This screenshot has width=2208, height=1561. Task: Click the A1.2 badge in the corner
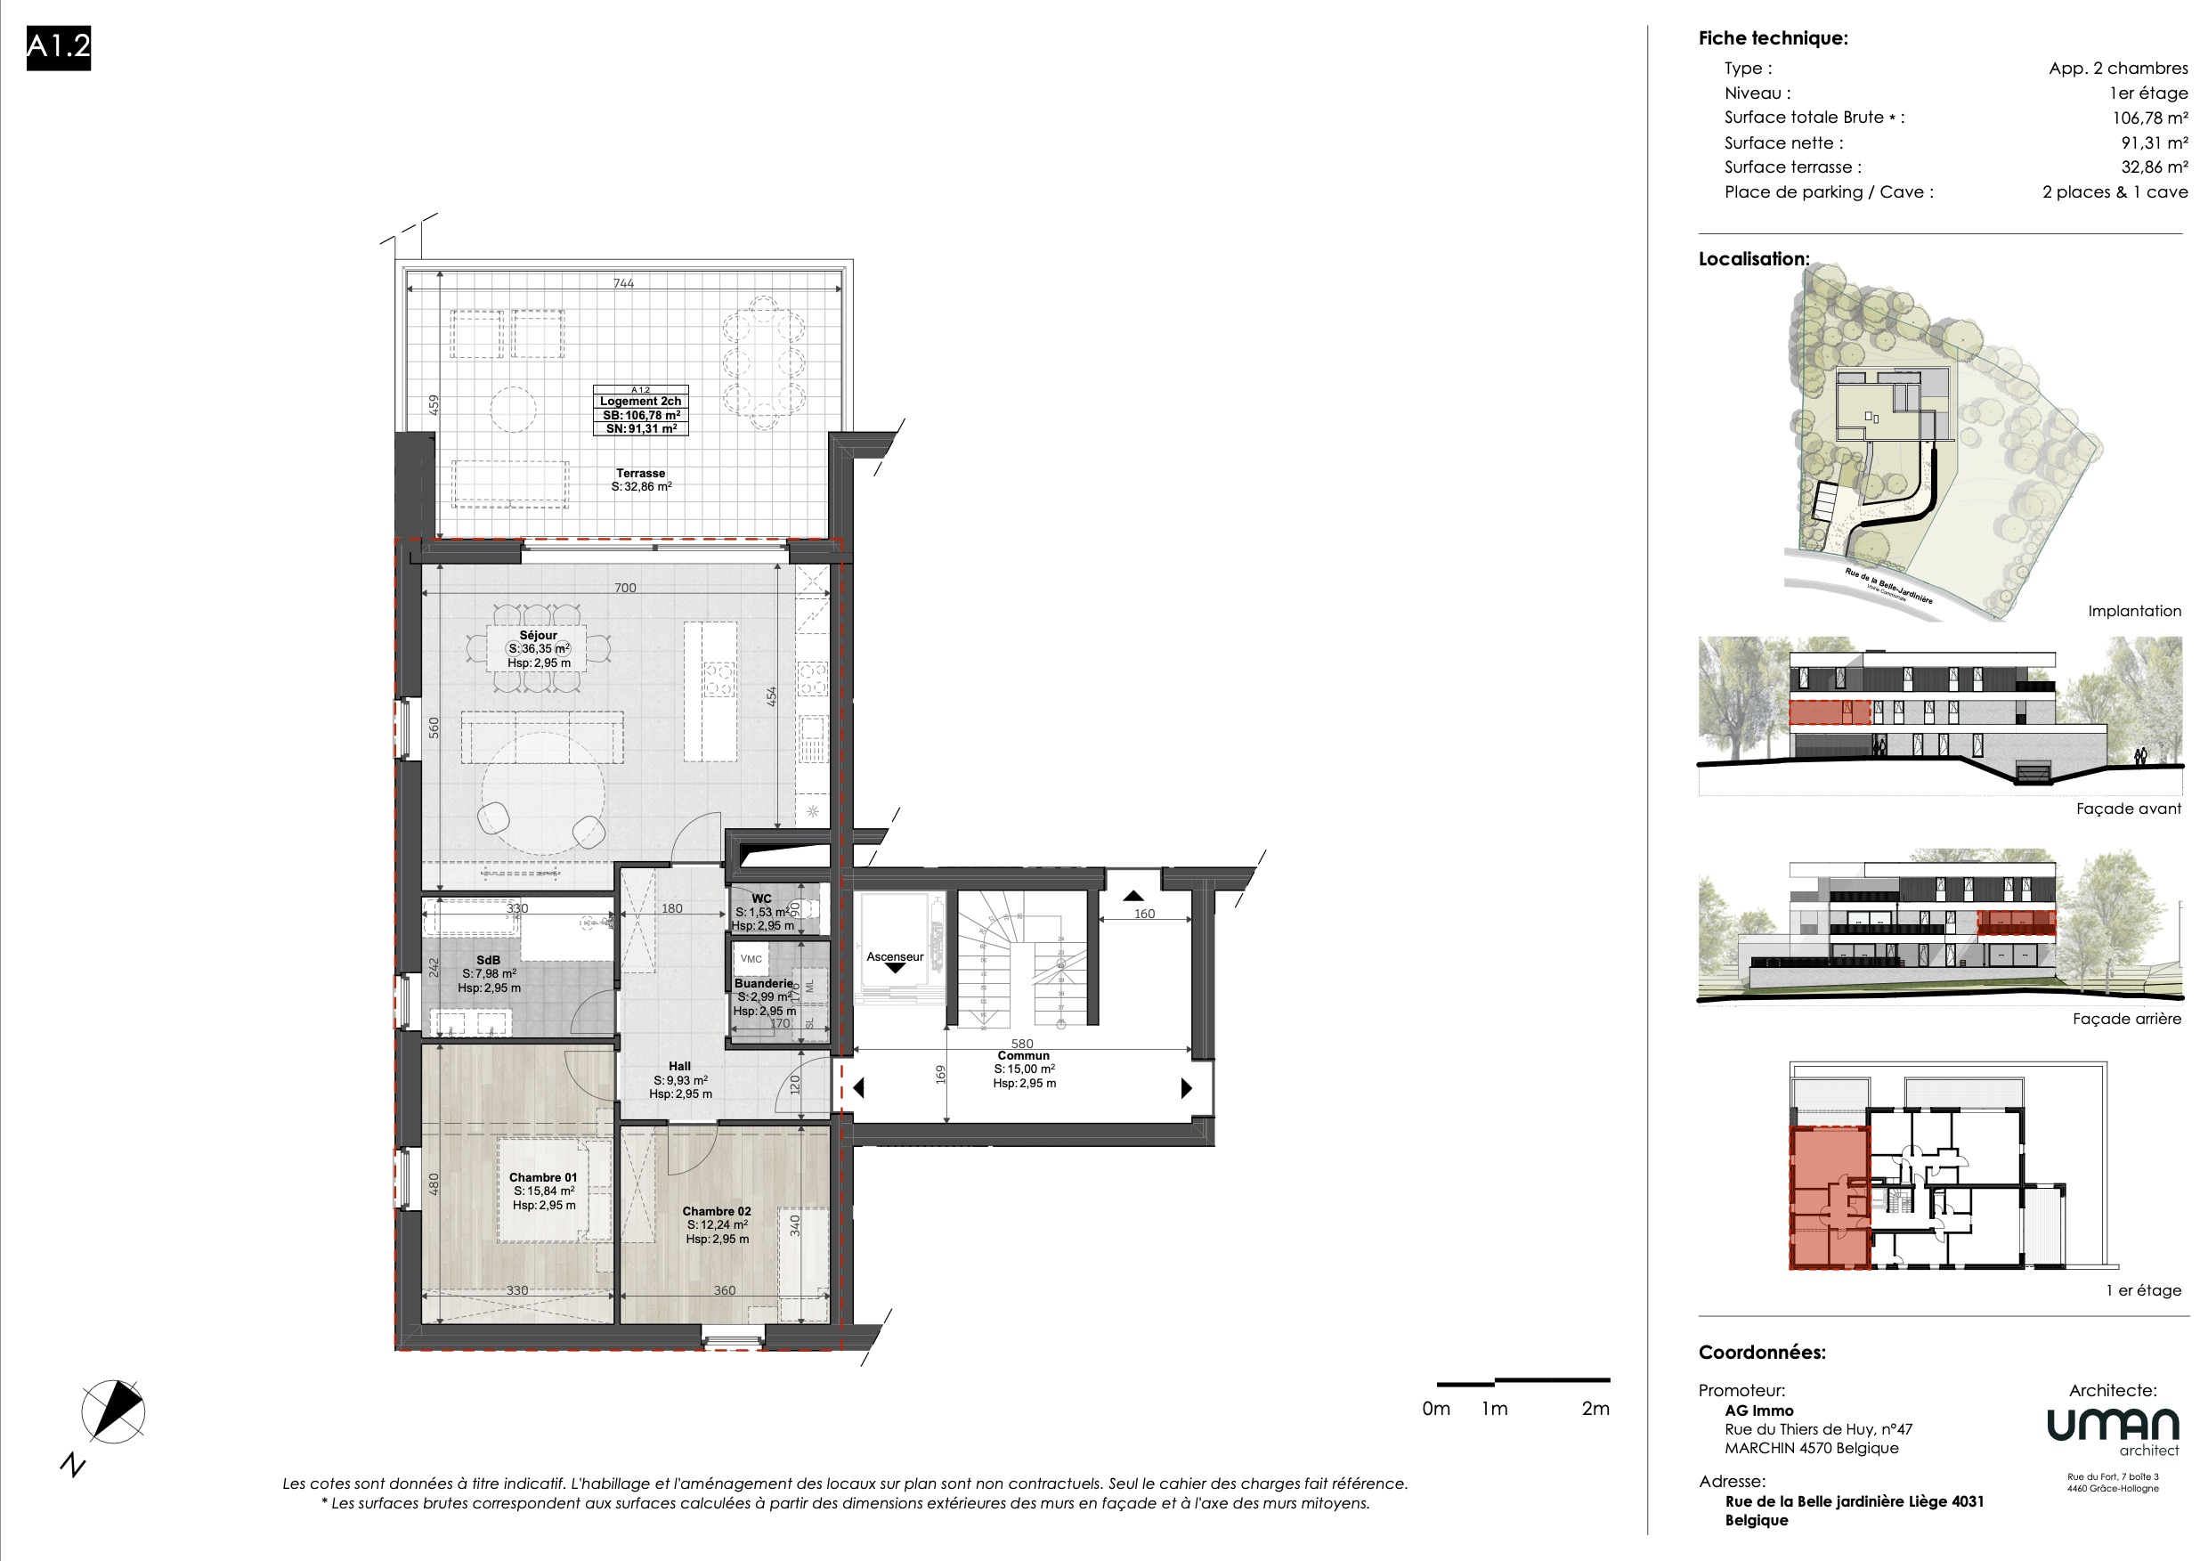pyautogui.click(x=59, y=45)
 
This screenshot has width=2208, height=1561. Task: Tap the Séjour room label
pyautogui.click(x=538, y=635)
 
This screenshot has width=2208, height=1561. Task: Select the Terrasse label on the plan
pyautogui.click(x=640, y=473)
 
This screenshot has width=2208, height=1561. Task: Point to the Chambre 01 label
pyautogui.click(x=543, y=1177)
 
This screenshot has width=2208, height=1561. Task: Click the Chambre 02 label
pyautogui.click(x=717, y=1212)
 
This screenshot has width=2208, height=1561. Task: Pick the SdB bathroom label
pyautogui.click(x=489, y=960)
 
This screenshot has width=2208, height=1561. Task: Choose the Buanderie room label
pyautogui.click(x=764, y=983)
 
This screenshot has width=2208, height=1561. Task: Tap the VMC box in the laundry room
pyautogui.click(x=751, y=958)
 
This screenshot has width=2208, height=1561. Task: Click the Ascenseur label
pyautogui.click(x=895, y=957)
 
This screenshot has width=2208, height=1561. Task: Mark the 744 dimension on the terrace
pyautogui.click(x=624, y=283)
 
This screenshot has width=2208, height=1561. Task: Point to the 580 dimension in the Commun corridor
pyautogui.click(x=1022, y=1044)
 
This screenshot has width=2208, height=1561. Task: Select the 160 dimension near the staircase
pyautogui.click(x=1144, y=914)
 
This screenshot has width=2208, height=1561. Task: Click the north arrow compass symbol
pyautogui.click(x=111, y=1413)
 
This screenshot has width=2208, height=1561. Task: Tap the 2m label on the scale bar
pyautogui.click(x=1595, y=1409)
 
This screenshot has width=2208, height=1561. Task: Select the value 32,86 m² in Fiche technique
pyautogui.click(x=2155, y=167)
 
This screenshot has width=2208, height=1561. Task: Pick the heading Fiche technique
pyautogui.click(x=1774, y=38)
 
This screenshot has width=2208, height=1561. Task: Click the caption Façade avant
pyautogui.click(x=2128, y=809)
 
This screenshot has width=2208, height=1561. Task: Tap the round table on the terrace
pyautogui.click(x=514, y=410)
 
